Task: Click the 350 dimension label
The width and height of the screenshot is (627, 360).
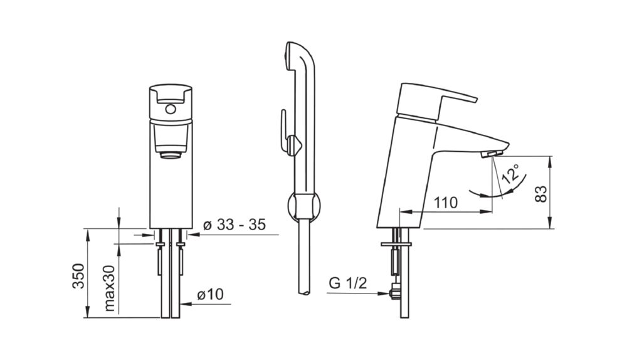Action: coord(79,276)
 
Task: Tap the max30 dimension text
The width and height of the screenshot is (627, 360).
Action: coord(110,289)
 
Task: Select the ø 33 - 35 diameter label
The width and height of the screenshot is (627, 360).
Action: coord(234,225)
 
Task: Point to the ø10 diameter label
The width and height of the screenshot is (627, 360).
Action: coord(210,295)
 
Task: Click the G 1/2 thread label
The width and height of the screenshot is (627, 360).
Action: coord(347,283)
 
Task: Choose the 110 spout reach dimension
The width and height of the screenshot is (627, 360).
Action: coord(446,203)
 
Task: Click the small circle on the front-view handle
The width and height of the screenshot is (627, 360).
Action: coord(171,109)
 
